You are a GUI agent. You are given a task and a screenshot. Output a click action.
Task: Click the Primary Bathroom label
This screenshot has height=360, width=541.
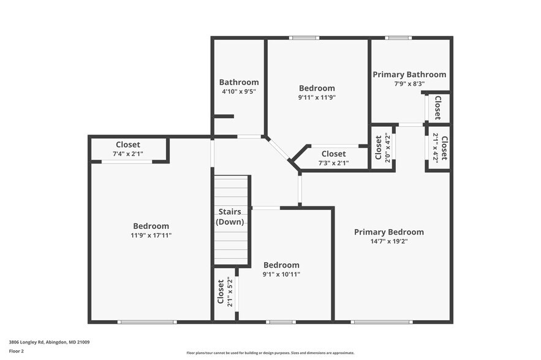(x=409, y=74)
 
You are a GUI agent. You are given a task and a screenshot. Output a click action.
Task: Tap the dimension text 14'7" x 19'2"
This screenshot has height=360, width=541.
(x=388, y=241)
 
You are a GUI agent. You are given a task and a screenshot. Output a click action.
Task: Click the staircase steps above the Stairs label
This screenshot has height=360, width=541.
(x=232, y=190)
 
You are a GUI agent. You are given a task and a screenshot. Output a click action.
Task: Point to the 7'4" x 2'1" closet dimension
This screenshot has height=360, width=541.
(x=128, y=154)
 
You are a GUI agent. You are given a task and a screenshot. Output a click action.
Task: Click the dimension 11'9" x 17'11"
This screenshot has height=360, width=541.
(x=151, y=235)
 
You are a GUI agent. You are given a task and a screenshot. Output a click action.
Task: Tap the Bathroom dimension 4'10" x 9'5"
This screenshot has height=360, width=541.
(x=238, y=91)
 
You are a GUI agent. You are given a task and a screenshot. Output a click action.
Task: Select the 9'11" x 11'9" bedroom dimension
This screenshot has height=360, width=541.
(x=317, y=97)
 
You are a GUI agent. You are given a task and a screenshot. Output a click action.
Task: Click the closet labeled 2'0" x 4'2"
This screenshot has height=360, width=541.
(x=382, y=147)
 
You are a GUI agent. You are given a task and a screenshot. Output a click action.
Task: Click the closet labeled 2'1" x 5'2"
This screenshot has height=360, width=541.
(x=224, y=293)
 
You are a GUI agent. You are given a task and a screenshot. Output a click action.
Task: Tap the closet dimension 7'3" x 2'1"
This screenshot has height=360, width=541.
(x=333, y=163)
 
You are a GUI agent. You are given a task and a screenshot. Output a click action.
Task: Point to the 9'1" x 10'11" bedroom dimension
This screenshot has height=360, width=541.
(x=281, y=274)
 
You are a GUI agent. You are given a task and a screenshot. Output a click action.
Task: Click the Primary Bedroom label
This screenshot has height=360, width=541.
(x=388, y=232)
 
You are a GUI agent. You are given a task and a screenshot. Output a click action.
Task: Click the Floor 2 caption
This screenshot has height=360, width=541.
(x=16, y=351)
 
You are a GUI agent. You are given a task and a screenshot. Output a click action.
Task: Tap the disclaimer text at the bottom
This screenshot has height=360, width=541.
(x=270, y=353)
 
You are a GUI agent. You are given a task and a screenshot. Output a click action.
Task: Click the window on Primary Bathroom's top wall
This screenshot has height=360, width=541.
(x=398, y=38)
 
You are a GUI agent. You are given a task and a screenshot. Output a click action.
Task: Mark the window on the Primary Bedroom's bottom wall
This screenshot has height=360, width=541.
(x=381, y=321)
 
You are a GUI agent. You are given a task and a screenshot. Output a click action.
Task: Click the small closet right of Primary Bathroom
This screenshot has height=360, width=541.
(x=438, y=108)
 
